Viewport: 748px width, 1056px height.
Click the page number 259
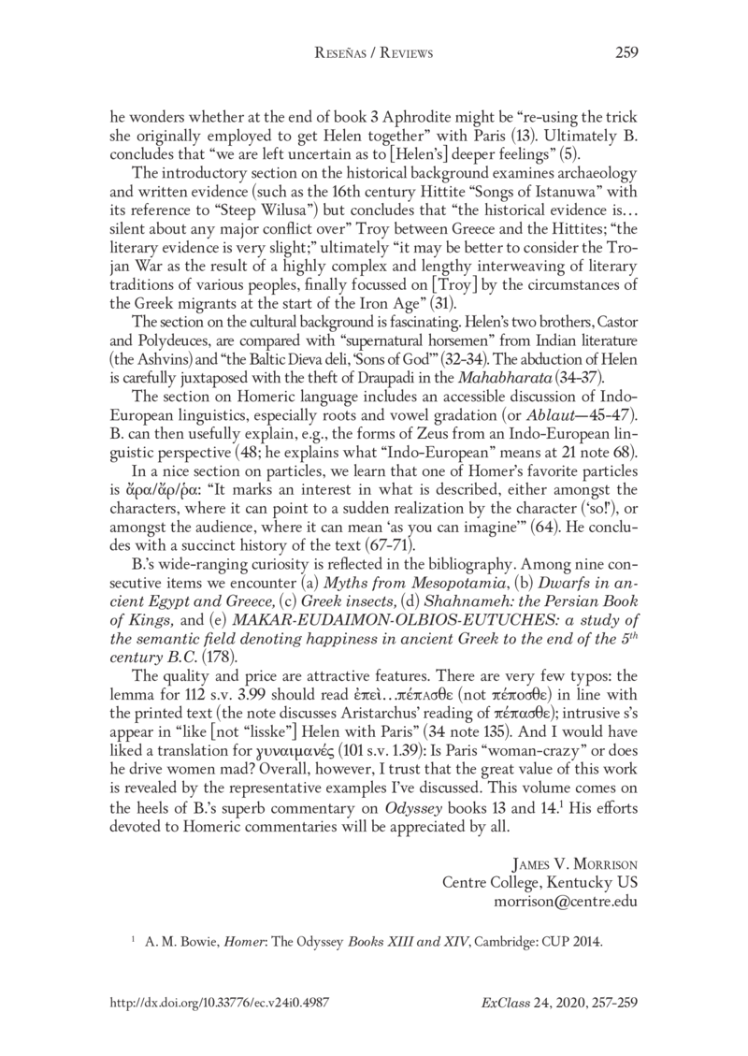(x=626, y=53)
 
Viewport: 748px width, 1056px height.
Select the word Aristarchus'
(x=419, y=686)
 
